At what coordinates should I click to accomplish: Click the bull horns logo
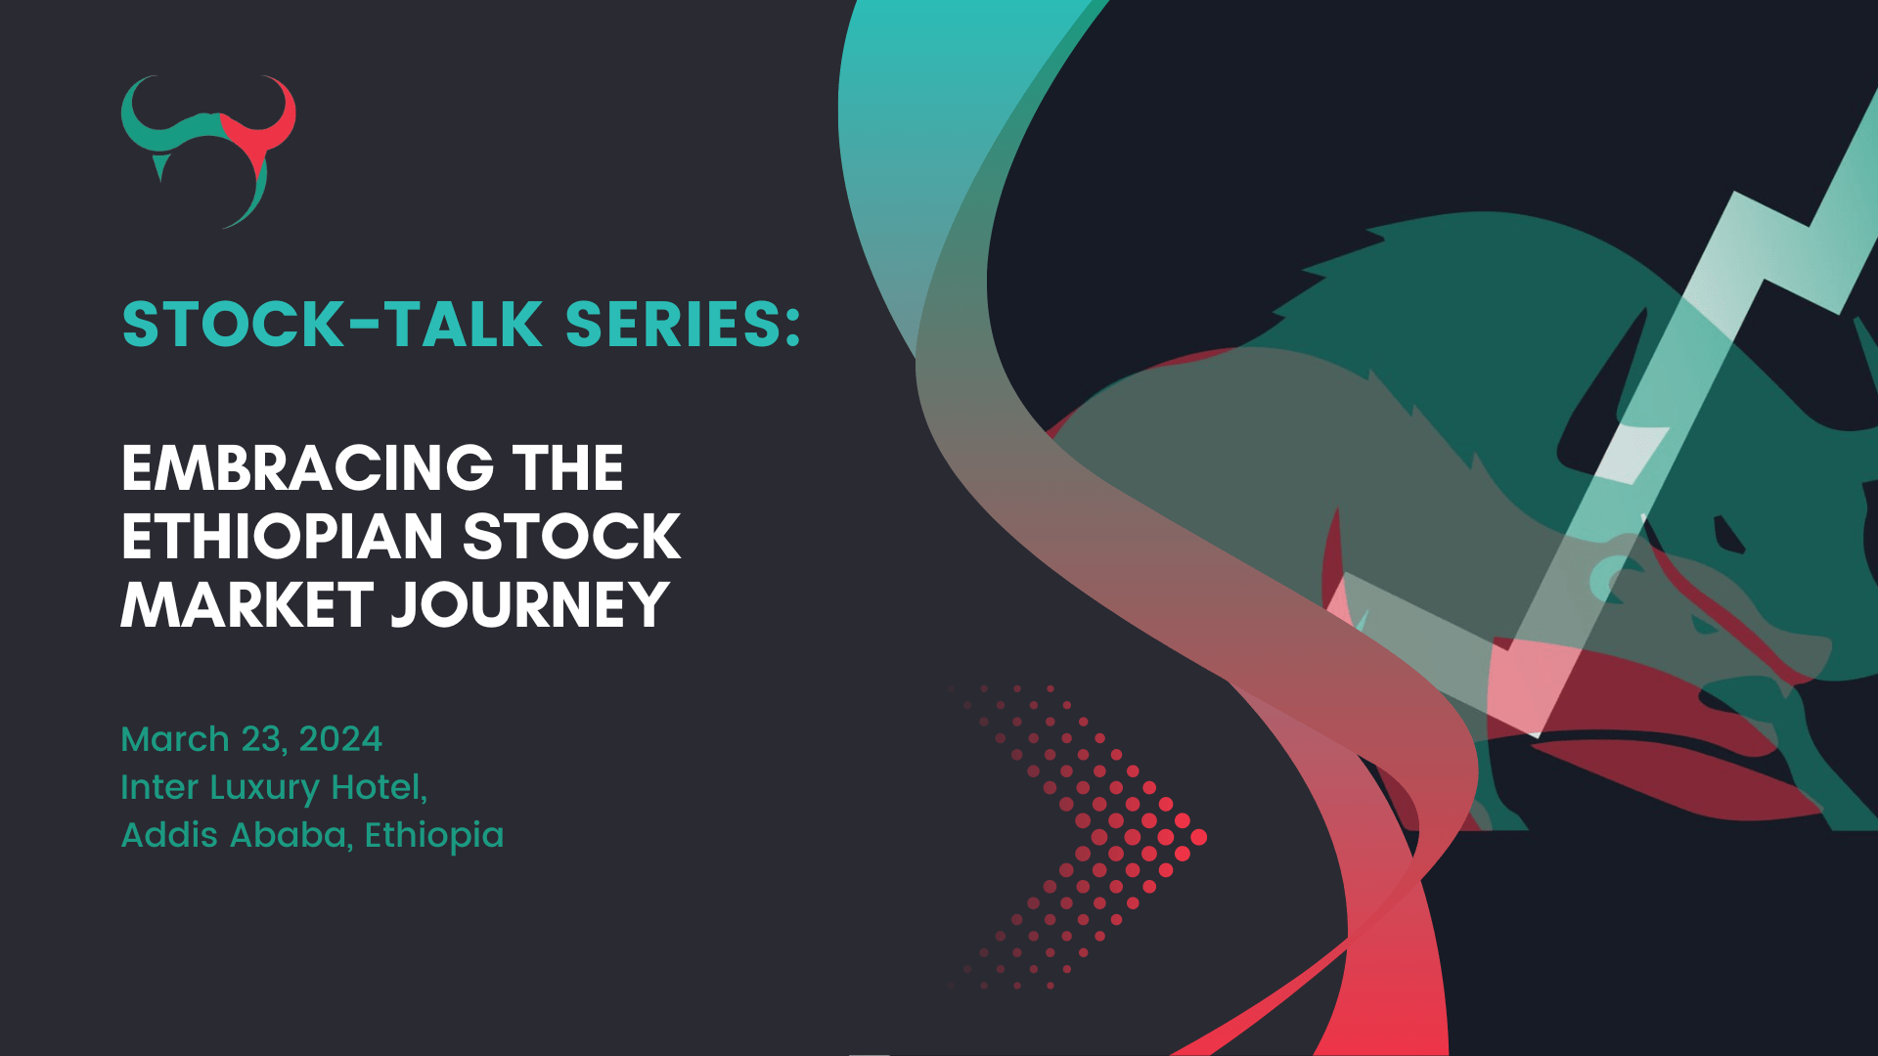coord(208,147)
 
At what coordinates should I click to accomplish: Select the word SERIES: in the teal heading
coord(683,325)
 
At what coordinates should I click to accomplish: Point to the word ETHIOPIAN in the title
coord(283,537)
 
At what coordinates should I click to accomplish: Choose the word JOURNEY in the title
coord(530,605)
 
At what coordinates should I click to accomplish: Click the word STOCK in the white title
coord(571,537)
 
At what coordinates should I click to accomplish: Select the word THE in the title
coord(567,468)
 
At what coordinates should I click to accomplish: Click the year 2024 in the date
coord(340,739)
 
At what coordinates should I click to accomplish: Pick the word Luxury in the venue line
coord(264,788)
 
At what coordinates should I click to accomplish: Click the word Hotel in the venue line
coord(378,787)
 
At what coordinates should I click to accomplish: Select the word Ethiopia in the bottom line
coord(434,836)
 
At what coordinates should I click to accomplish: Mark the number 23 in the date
coord(264,739)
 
